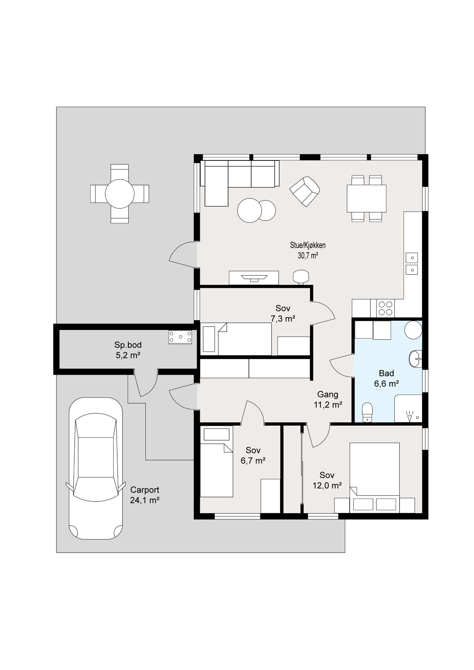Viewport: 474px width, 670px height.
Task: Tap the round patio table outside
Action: (120, 194)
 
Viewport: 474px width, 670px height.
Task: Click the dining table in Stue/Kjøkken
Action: (367, 198)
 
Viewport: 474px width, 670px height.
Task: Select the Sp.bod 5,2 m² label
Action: (128, 350)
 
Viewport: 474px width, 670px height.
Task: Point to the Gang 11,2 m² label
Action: (328, 399)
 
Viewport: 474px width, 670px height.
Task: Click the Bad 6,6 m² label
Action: (386, 379)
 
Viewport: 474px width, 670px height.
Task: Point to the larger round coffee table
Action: (250, 210)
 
